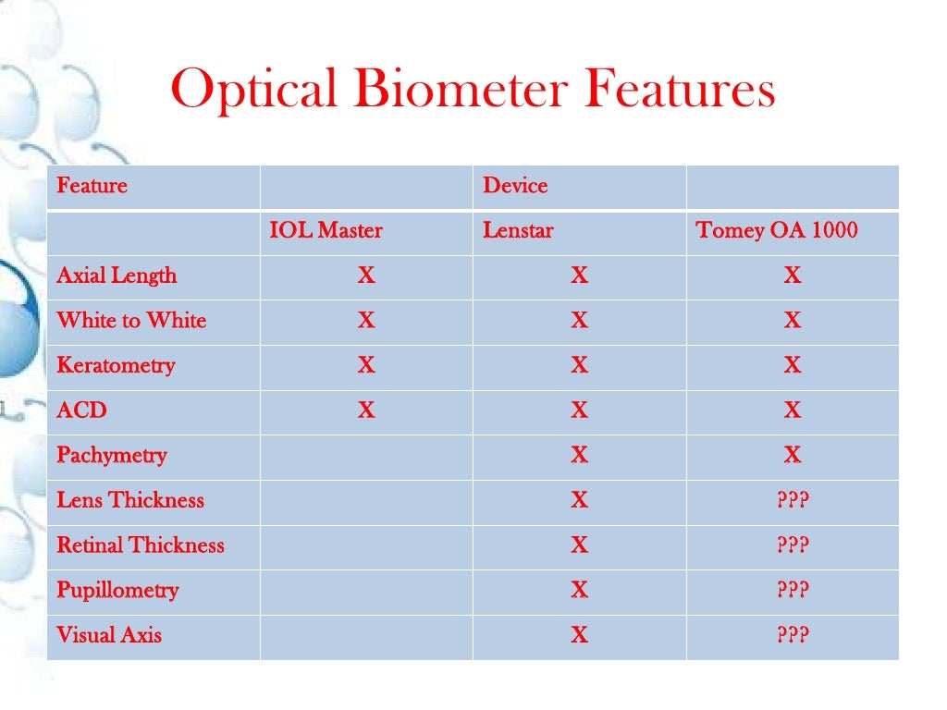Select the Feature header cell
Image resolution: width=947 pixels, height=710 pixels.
pyautogui.click(x=92, y=186)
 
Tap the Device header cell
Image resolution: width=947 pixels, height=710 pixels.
pyautogui.click(x=515, y=186)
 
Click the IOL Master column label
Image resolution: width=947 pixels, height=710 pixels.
pyautogui.click(x=326, y=230)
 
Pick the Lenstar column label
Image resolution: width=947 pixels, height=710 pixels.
pyautogui.click(x=518, y=230)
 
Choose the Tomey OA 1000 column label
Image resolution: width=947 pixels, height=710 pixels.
pyautogui.click(x=777, y=230)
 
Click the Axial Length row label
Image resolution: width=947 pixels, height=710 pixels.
pyautogui.click(x=117, y=275)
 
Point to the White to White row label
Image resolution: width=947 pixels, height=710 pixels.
pyautogui.click(x=131, y=321)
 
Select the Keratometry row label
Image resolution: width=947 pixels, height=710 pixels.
pyautogui.click(x=116, y=365)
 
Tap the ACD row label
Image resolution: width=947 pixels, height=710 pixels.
pyautogui.click(x=81, y=410)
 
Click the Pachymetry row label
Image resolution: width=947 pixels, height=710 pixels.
pyautogui.click(x=112, y=455)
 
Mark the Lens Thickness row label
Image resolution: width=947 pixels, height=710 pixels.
pyautogui.click(x=130, y=500)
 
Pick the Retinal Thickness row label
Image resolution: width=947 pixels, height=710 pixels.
pyautogui.click(x=141, y=545)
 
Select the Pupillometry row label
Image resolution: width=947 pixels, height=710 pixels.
pyautogui.click(x=117, y=590)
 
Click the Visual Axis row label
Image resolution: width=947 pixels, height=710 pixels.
pyautogui.click(x=109, y=635)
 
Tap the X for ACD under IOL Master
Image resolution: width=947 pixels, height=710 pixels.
pyautogui.click(x=366, y=410)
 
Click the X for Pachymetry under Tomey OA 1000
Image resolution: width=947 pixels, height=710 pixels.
pyautogui.click(x=793, y=455)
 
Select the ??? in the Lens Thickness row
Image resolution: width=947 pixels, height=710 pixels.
pyautogui.click(x=793, y=500)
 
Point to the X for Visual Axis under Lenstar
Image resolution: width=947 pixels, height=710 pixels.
pyautogui.click(x=579, y=635)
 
